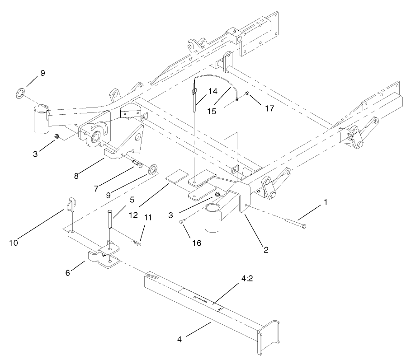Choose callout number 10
click(14, 243)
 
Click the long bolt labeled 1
click(294, 223)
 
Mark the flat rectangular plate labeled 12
click(178, 178)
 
